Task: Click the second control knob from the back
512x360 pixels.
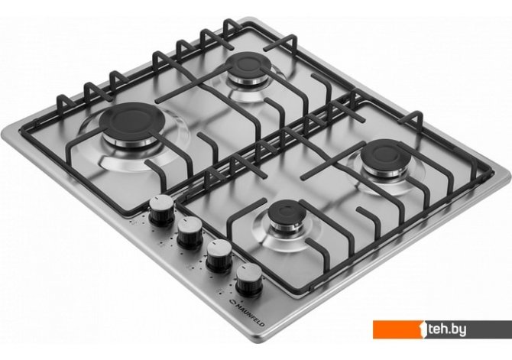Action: pos(190,233)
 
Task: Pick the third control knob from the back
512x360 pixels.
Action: pos(219,256)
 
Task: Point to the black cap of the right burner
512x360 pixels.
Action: pos(386,154)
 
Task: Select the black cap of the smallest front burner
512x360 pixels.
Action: pos(287,212)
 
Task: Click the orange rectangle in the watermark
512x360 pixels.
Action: pos(397,329)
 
